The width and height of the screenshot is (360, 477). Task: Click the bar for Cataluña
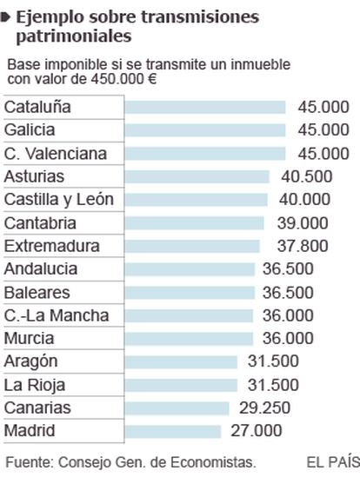point(205,107)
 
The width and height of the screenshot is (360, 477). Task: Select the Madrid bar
point(173,431)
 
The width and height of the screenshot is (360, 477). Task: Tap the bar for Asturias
point(197,176)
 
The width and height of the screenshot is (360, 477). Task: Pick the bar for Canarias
point(177,408)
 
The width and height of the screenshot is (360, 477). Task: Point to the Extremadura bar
point(192,246)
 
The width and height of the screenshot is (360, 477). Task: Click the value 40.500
point(307,176)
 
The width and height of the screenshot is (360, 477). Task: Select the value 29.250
point(264,408)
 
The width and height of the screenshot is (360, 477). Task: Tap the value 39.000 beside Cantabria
point(303,223)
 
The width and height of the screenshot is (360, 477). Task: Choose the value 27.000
point(257,431)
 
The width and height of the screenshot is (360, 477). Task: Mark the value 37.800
point(303,246)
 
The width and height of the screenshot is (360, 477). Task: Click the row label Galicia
point(30,130)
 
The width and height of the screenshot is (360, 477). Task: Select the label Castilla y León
point(59,200)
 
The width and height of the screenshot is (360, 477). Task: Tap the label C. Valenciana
point(56,153)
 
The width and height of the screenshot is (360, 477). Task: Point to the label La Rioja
point(35,386)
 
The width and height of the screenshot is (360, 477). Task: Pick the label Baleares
point(37,293)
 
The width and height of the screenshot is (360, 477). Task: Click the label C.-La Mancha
point(57,315)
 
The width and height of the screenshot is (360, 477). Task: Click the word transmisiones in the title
point(200,17)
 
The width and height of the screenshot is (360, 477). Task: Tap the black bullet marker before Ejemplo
point(5,17)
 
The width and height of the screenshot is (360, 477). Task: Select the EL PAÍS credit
point(333,462)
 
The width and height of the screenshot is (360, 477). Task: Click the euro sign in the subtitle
point(152,79)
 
